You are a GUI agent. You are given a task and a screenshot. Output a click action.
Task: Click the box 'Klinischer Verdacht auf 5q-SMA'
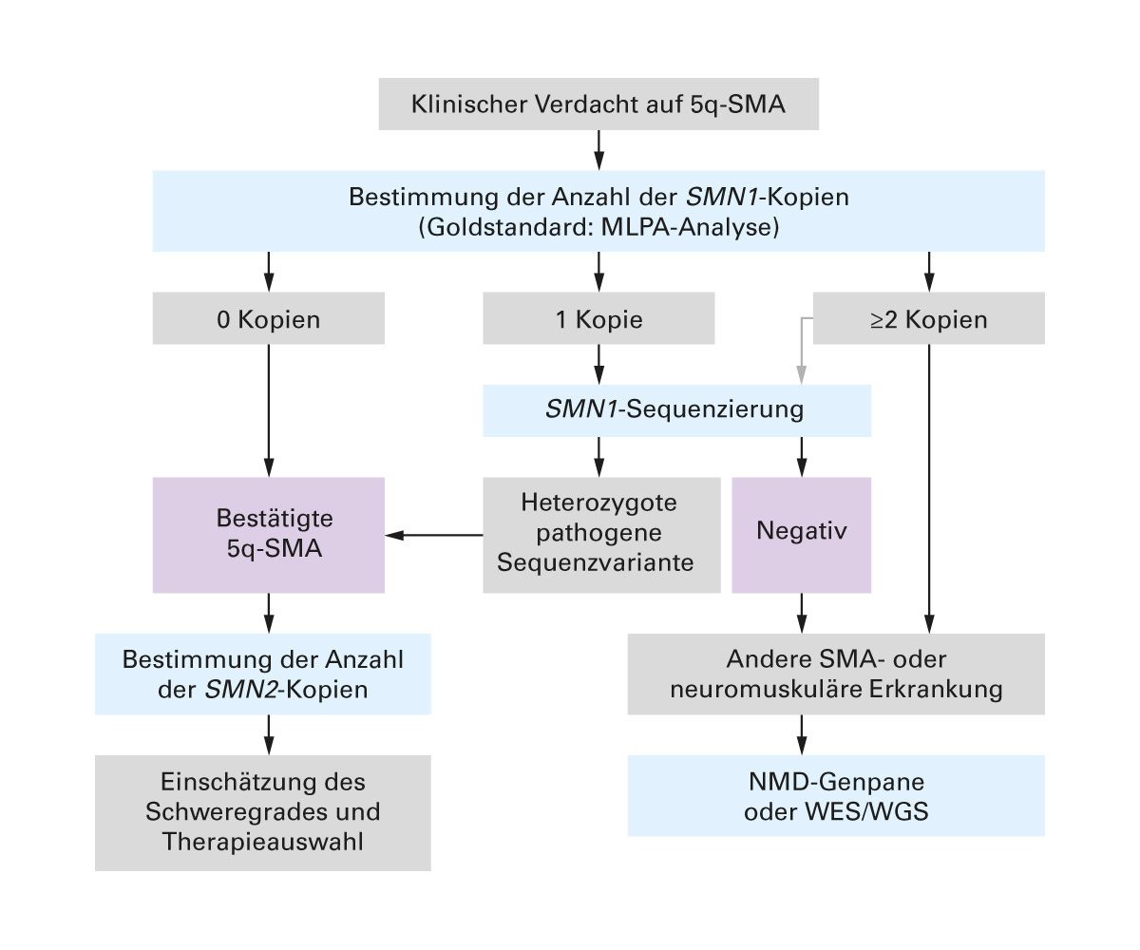tap(598, 104)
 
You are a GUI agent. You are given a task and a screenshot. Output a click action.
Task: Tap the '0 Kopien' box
tap(269, 319)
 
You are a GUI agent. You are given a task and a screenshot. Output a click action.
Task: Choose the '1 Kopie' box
tap(598, 319)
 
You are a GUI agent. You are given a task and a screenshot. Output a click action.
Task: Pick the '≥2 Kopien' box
tap(929, 319)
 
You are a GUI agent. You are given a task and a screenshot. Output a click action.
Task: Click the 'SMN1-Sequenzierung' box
tap(675, 410)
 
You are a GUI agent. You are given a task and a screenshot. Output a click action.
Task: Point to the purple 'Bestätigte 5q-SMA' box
tap(269, 535)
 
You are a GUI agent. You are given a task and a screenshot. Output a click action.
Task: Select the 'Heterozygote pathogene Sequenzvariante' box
tap(598, 535)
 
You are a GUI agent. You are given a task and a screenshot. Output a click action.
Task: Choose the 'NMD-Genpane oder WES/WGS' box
tap(836, 796)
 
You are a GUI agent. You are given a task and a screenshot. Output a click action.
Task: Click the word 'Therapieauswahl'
tap(263, 841)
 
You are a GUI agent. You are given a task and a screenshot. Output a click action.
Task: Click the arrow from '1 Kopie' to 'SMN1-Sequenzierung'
tap(598, 364)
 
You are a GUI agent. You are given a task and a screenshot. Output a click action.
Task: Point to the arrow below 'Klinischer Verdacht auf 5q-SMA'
tap(598, 150)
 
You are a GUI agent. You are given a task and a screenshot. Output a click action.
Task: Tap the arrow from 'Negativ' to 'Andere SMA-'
tap(802, 614)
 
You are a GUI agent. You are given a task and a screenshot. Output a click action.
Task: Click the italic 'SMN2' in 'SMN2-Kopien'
tap(226, 689)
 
